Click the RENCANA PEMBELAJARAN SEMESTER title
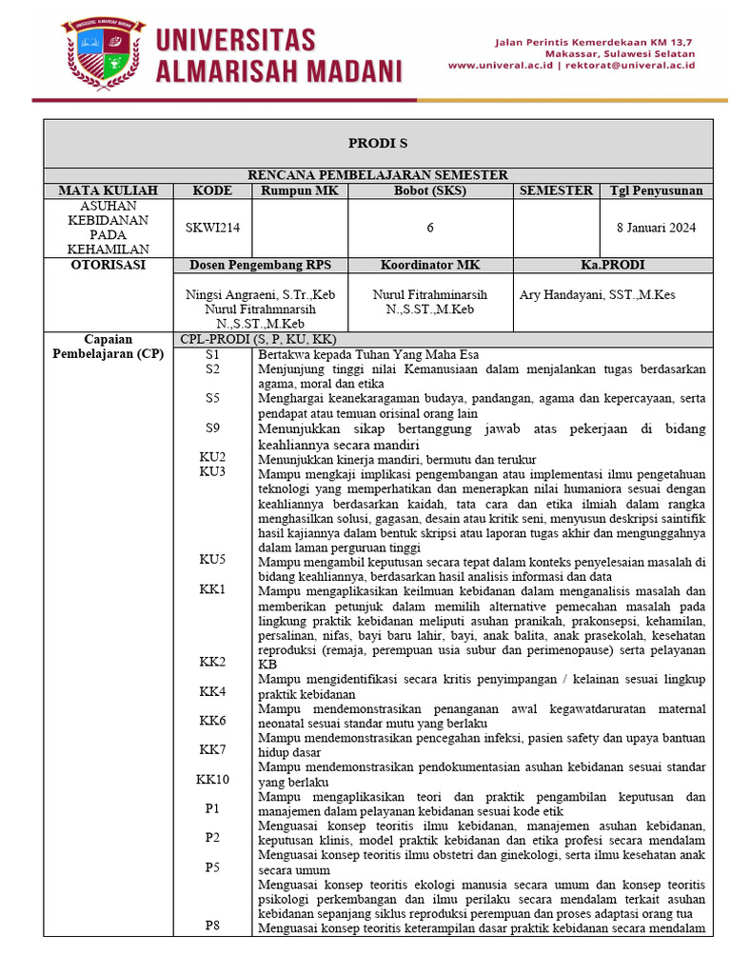(377, 174)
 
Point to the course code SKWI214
(211, 227)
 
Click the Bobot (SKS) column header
(430, 190)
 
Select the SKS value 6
(430, 227)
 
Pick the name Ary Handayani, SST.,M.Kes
(597, 295)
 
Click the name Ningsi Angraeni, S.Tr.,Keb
(260, 295)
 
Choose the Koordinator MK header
(430, 265)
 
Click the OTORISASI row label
(108, 265)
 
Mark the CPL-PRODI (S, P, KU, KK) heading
(259, 339)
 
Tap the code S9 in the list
(212, 428)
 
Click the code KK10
(212, 779)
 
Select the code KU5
(212, 560)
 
